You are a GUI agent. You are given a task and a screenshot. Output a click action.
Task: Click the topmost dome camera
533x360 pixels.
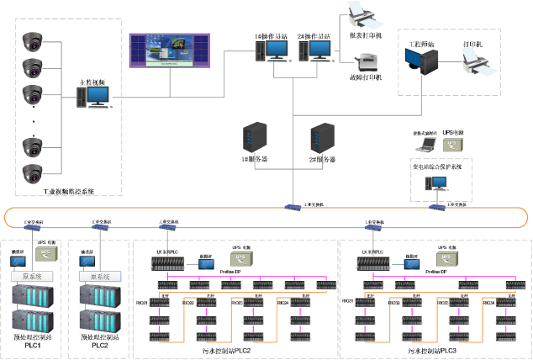[32, 40]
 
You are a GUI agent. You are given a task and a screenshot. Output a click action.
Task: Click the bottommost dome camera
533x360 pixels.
[32, 173]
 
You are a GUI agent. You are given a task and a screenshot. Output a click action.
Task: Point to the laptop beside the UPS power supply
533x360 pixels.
[425, 144]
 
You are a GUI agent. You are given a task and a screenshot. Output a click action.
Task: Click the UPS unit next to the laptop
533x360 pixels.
[453, 145]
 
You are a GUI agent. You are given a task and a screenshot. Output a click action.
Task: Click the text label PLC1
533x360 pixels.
[33, 345]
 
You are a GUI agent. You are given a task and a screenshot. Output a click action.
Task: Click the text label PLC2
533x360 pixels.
[100, 345]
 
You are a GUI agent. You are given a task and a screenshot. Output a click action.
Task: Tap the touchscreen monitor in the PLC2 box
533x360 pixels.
[87, 262]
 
